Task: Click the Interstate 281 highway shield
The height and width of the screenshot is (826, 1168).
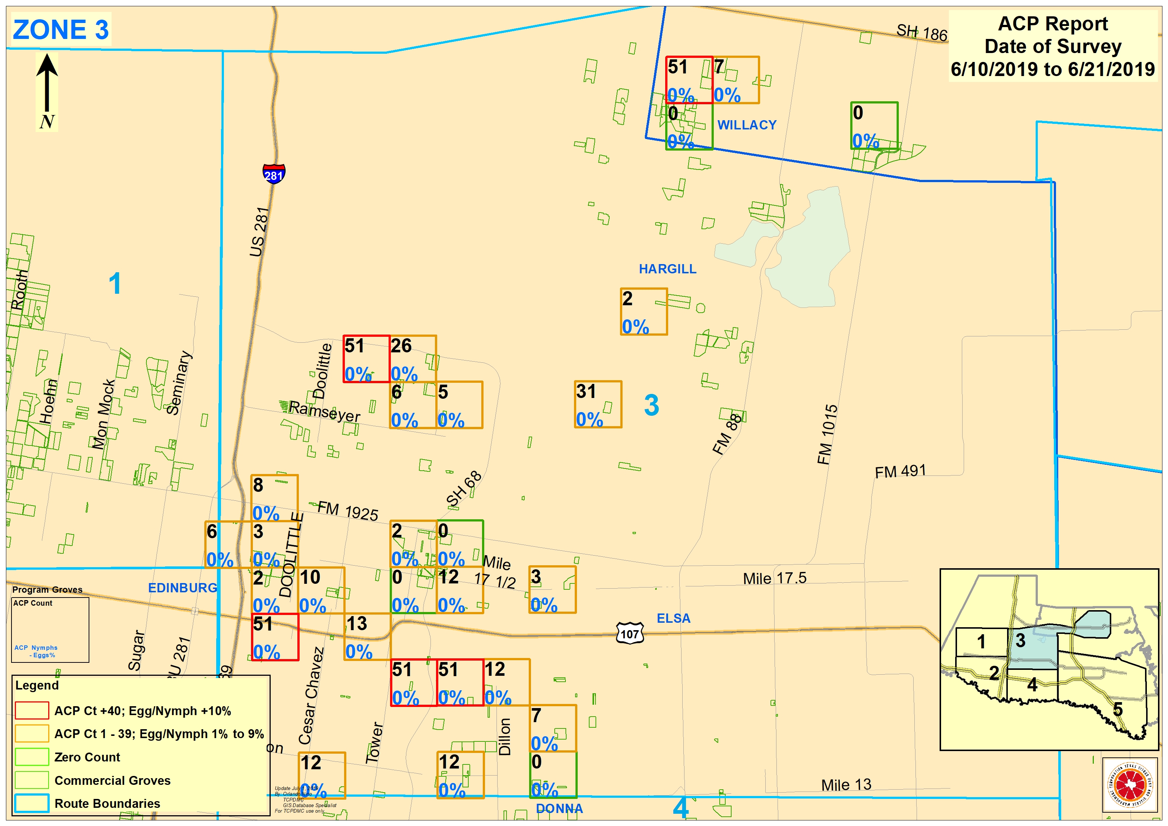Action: pos(274,174)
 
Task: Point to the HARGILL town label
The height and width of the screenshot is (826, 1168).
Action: pos(667,269)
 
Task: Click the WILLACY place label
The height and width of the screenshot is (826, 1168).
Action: pos(747,125)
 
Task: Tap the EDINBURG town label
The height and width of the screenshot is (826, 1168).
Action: pos(183,588)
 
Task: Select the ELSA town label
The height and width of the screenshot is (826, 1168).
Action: pos(673,618)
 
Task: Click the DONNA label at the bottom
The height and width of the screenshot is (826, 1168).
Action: pos(559,809)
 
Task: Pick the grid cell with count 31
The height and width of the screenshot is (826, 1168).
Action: pos(598,405)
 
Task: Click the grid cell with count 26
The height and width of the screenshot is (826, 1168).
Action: pos(413,359)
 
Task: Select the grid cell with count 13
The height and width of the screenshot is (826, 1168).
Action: pos(367,637)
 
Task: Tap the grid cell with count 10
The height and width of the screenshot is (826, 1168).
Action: pos(321,590)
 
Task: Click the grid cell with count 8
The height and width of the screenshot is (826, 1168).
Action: pos(274,498)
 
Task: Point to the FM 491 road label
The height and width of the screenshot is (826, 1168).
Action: pos(900,471)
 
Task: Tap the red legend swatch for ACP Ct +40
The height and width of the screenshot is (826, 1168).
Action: pos(32,711)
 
